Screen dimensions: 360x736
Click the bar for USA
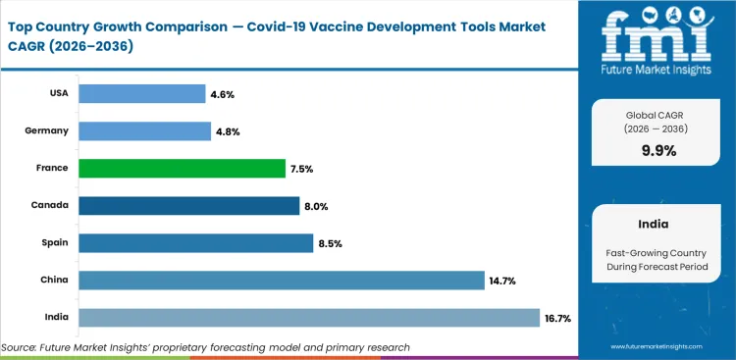pyautogui.click(x=141, y=94)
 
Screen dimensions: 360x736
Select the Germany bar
pyautogui.click(x=144, y=131)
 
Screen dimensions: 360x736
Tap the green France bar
pyautogui.click(x=182, y=169)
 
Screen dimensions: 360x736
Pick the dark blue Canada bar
pyautogui.click(x=188, y=206)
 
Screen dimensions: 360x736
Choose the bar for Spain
pyautogui.click(x=195, y=243)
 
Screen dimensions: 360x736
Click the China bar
pyautogui.click(x=281, y=281)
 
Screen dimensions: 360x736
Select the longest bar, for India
pyautogui.click(x=309, y=318)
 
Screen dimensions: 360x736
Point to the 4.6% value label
pyautogui.click(x=221, y=94)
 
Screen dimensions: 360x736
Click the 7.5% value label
pyautogui.click(x=301, y=169)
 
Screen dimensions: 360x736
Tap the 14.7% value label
pyautogui.click(x=501, y=281)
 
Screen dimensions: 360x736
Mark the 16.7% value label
pyautogui.click(x=557, y=318)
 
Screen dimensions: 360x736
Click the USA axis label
pyautogui.click(x=58, y=94)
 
